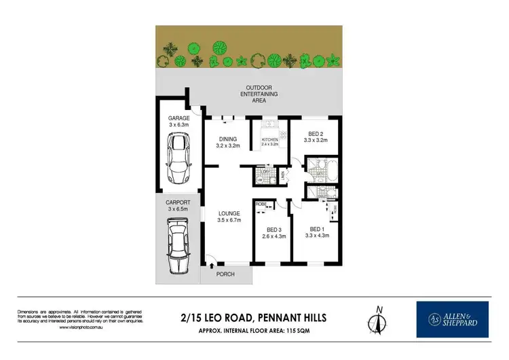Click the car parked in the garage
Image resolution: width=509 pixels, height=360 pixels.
(x=179, y=158)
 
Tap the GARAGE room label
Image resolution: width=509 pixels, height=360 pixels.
(x=179, y=118)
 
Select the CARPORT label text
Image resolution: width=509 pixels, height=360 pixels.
(x=179, y=202)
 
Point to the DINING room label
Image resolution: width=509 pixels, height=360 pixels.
(x=228, y=138)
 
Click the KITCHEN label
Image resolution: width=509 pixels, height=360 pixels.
(x=270, y=139)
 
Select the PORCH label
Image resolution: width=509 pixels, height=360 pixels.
(x=225, y=274)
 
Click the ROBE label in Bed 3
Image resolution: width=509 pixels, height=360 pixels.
(x=260, y=204)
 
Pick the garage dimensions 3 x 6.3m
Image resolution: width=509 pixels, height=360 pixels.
(x=179, y=124)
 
